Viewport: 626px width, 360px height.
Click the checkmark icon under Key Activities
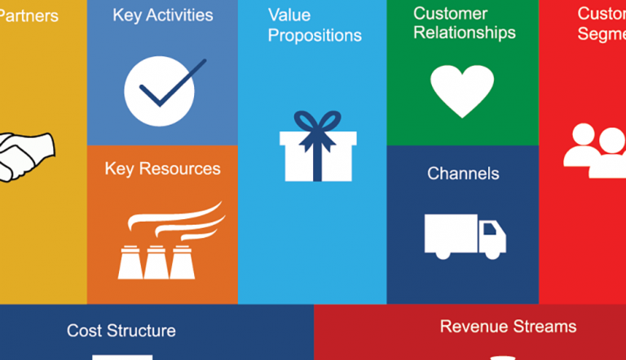pos(160,90)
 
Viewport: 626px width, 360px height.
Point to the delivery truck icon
pos(465,235)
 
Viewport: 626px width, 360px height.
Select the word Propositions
pos(315,36)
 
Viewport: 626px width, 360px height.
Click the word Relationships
pos(465,33)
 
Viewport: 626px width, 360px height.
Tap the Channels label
pos(463,173)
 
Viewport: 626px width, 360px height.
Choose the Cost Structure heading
pos(121,331)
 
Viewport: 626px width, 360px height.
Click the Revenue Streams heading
pos(508,327)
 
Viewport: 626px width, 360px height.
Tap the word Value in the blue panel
pos(289,15)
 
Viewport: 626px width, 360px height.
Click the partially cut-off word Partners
pos(29,15)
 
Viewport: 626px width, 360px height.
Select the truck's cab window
pos(491,230)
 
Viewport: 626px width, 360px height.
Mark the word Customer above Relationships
pos(451,14)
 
